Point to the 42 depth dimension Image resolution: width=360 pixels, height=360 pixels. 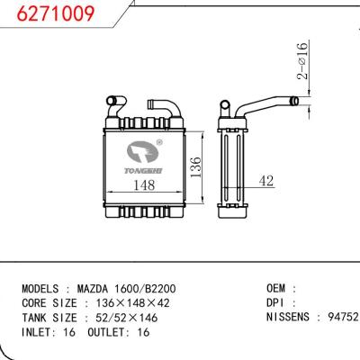[267, 182]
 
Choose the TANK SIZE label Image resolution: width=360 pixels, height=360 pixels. [49, 319]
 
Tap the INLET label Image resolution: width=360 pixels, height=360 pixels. [38, 333]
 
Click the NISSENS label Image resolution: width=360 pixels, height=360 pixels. [289, 319]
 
